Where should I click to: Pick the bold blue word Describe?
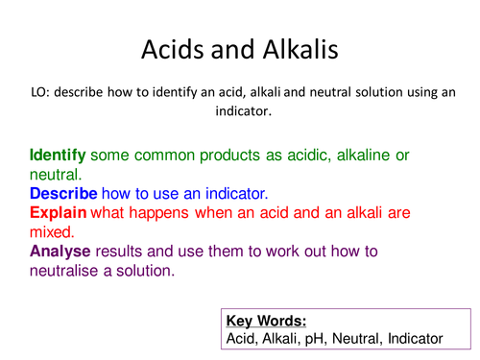pos(62,193)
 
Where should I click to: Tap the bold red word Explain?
pos(58,212)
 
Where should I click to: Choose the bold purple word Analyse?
pos(60,251)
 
